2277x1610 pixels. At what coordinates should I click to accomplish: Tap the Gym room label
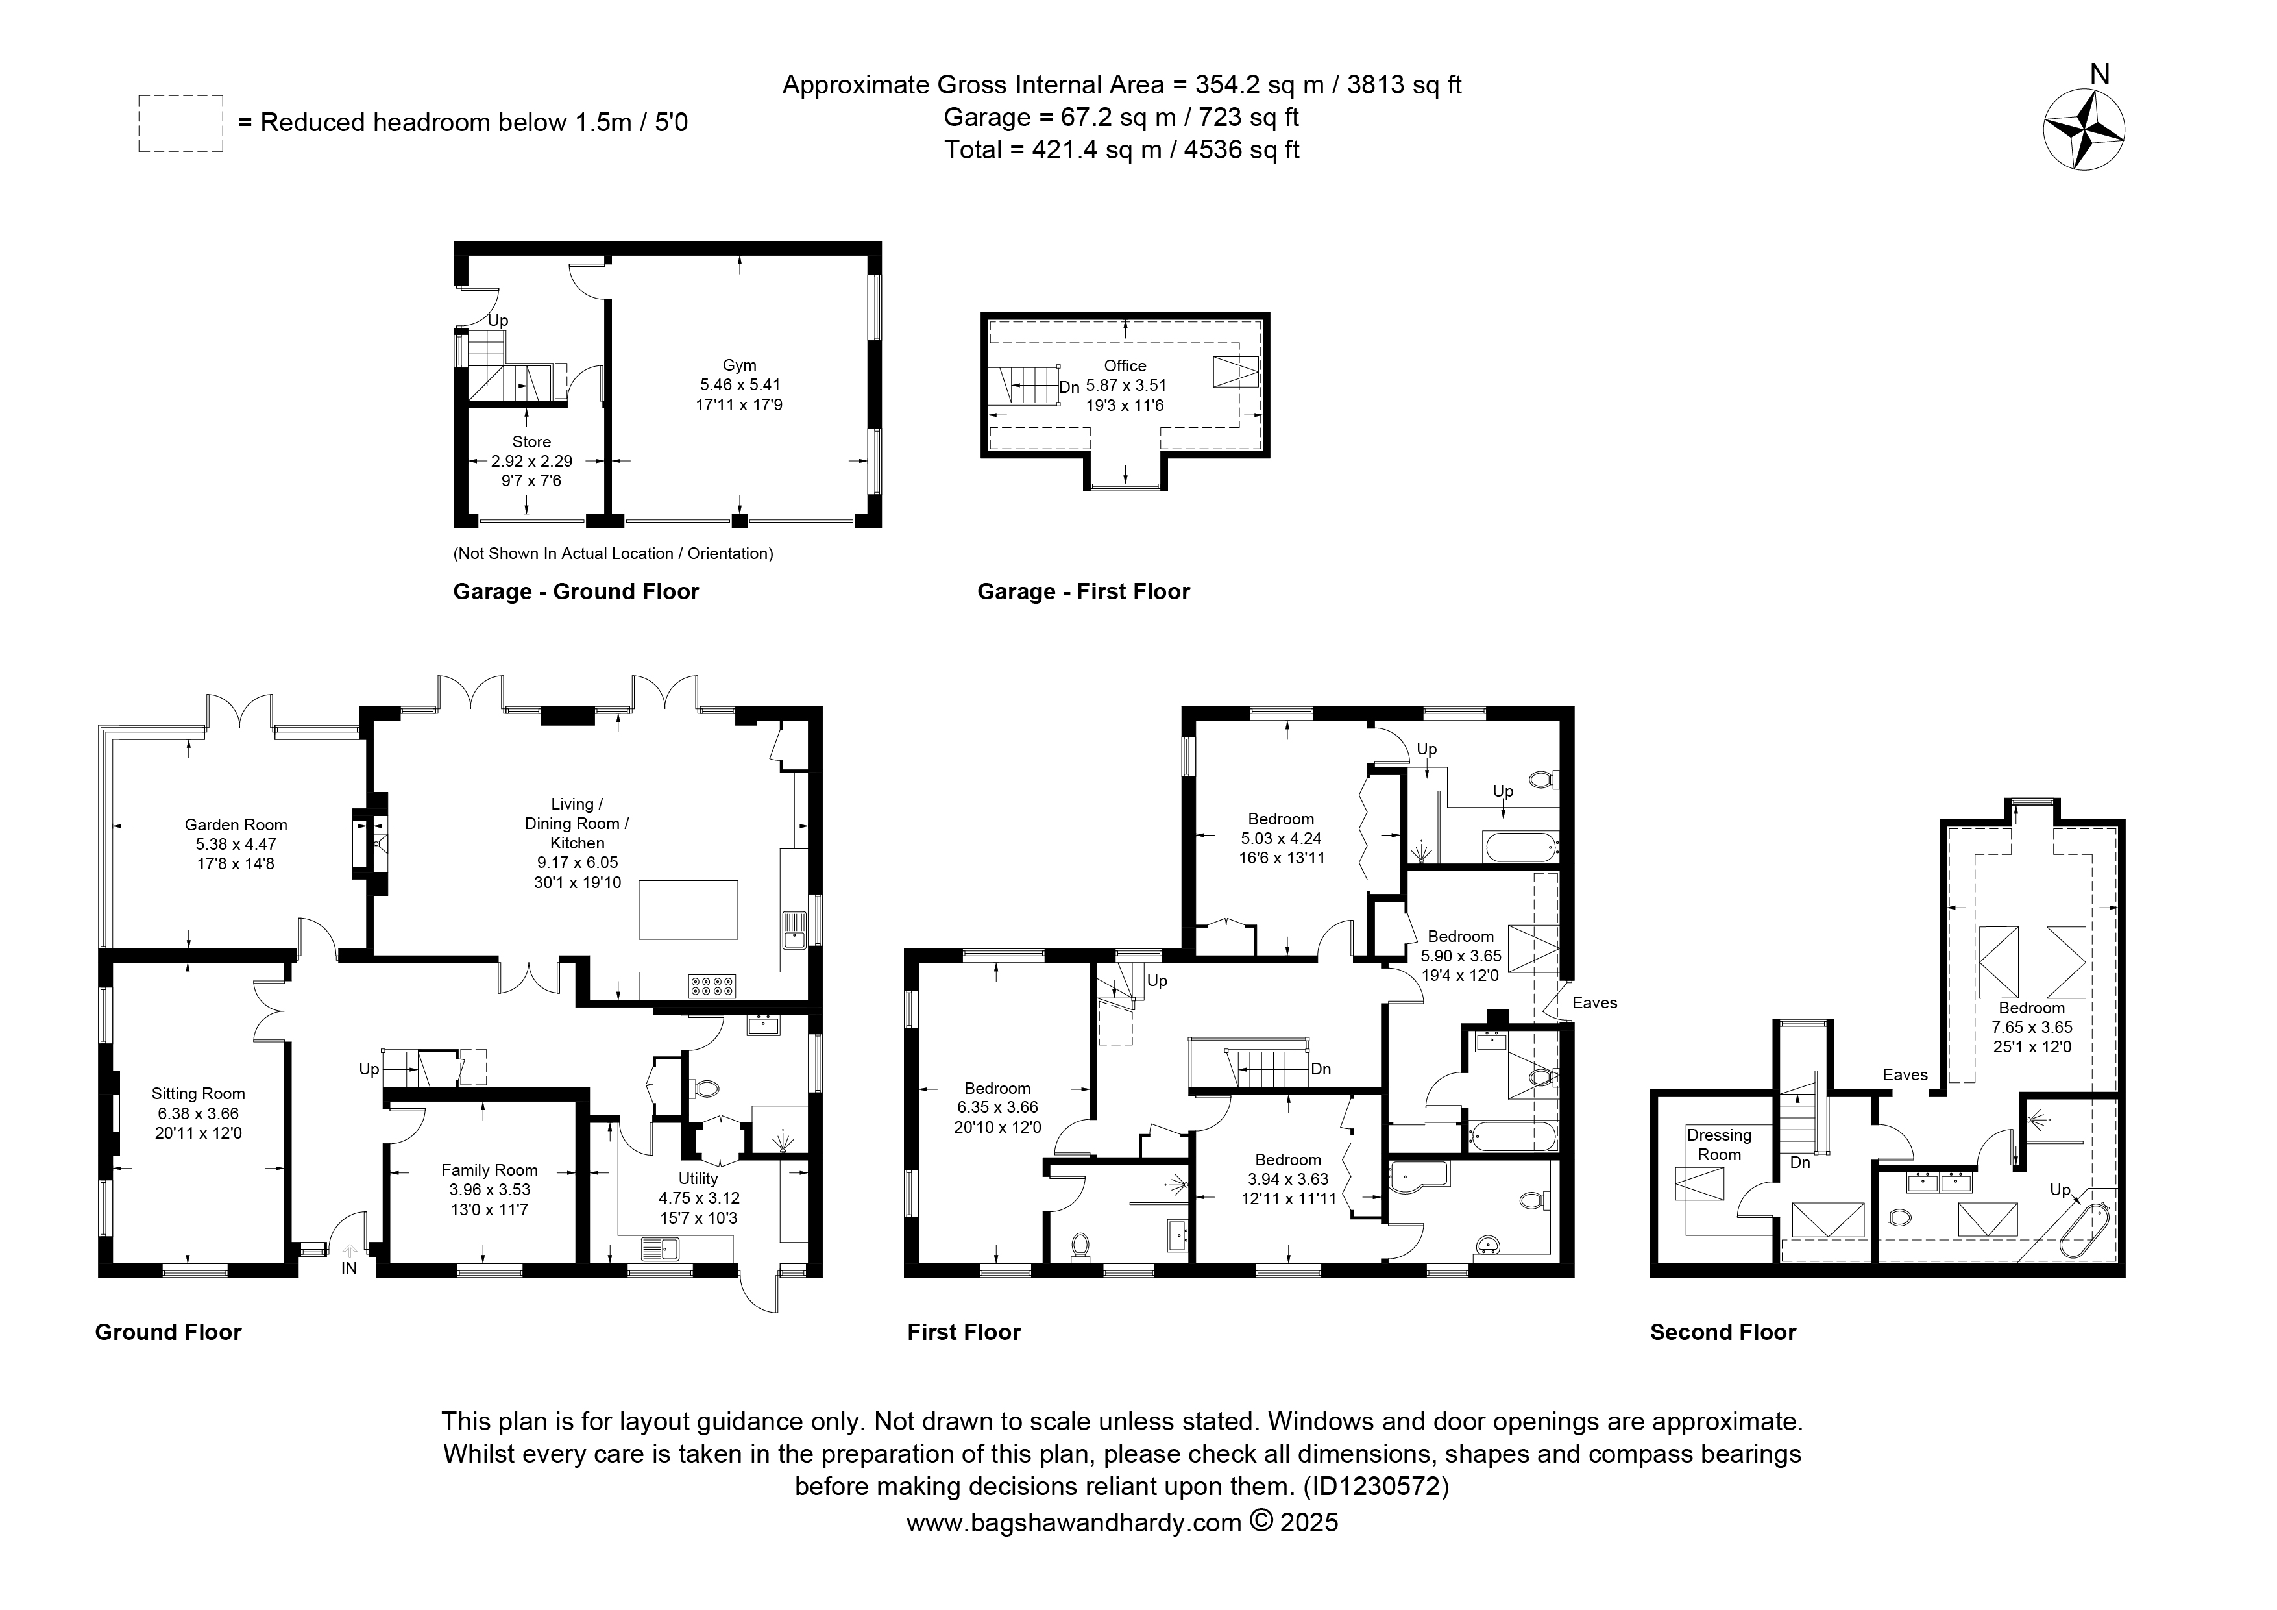point(740,365)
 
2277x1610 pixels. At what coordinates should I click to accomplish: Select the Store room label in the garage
point(531,441)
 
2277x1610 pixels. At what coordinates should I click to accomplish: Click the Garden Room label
point(236,824)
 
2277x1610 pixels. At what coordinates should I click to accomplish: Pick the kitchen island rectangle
point(688,910)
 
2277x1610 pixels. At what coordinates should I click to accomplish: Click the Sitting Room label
point(199,1093)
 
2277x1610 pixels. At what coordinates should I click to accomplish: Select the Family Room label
point(490,1170)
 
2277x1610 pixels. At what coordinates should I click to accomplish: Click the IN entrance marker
point(349,1268)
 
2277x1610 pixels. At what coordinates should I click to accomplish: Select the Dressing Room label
point(1720,1145)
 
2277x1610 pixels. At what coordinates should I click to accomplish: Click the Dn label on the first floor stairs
point(1321,1069)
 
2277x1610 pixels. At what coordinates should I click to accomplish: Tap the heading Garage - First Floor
point(1084,591)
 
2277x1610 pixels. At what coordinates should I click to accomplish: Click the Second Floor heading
point(1723,1332)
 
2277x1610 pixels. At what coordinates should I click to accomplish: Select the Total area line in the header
point(1122,150)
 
